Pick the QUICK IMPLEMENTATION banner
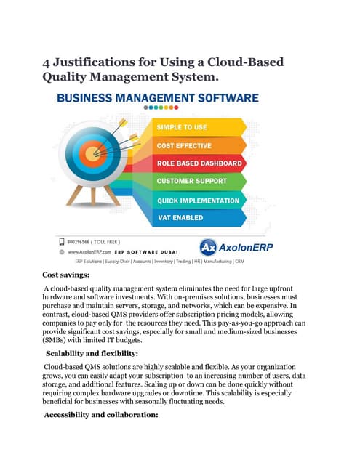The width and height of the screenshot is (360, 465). (199, 200)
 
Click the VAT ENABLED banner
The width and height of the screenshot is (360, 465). (182, 217)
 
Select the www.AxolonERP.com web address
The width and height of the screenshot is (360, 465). (88, 251)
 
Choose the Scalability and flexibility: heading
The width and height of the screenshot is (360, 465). (93, 352)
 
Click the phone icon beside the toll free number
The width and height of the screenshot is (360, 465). (61, 240)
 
